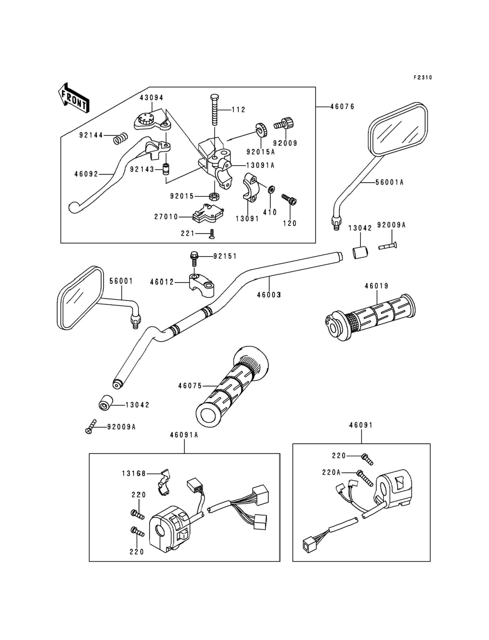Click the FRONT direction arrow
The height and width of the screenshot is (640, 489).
click(x=74, y=98)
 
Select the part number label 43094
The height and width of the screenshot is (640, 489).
click(x=151, y=98)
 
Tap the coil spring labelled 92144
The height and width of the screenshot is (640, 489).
click(x=120, y=138)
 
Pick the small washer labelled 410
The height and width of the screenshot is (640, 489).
click(x=271, y=190)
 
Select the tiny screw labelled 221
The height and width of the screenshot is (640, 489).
click(x=212, y=234)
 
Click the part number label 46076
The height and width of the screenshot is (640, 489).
click(x=342, y=107)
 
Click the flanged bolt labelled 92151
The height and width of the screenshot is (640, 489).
click(x=194, y=259)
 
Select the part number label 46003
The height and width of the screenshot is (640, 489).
click(x=269, y=295)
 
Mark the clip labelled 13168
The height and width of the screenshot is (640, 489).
click(x=165, y=484)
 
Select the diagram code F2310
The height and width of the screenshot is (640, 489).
click(x=423, y=77)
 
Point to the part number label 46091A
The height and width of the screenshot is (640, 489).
click(x=184, y=435)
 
